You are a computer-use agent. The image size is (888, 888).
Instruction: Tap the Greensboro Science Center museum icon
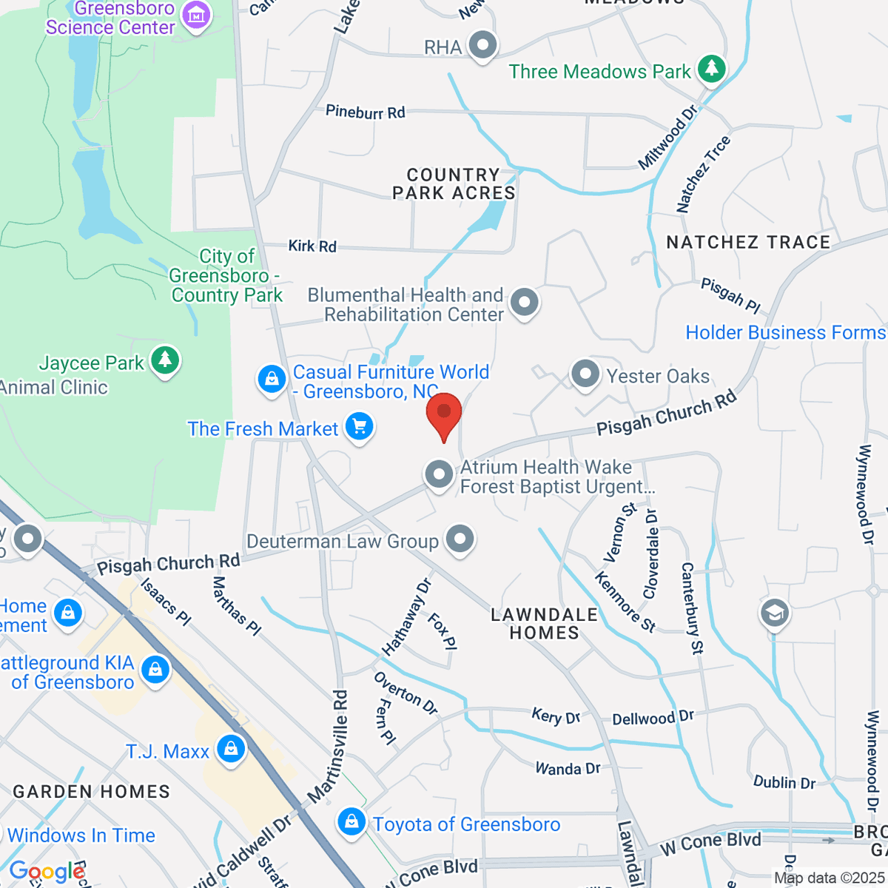tap(196, 14)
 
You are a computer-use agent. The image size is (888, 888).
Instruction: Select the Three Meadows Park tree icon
tap(712, 68)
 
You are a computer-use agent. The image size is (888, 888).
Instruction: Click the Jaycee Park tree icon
tap(164, 360)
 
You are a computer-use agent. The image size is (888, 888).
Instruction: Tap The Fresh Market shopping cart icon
tap(360, 427)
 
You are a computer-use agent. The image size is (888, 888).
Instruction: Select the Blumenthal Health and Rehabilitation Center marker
tap(525, 302)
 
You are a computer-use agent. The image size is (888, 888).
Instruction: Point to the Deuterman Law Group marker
tap(460, 539)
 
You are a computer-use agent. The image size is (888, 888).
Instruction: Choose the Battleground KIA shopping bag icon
tap(155, 670)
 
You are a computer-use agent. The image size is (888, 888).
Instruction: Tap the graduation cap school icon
tap(775, 613)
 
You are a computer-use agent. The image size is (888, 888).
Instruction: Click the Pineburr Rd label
tap(366, 112)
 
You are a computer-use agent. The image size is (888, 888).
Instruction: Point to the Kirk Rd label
tap(312, 246)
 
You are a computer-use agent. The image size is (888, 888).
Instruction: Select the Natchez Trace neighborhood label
tap(748, 243)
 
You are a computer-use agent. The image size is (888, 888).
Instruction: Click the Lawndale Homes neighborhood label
tap(545, 624)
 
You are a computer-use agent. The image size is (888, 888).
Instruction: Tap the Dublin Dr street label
tap(784, 782)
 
